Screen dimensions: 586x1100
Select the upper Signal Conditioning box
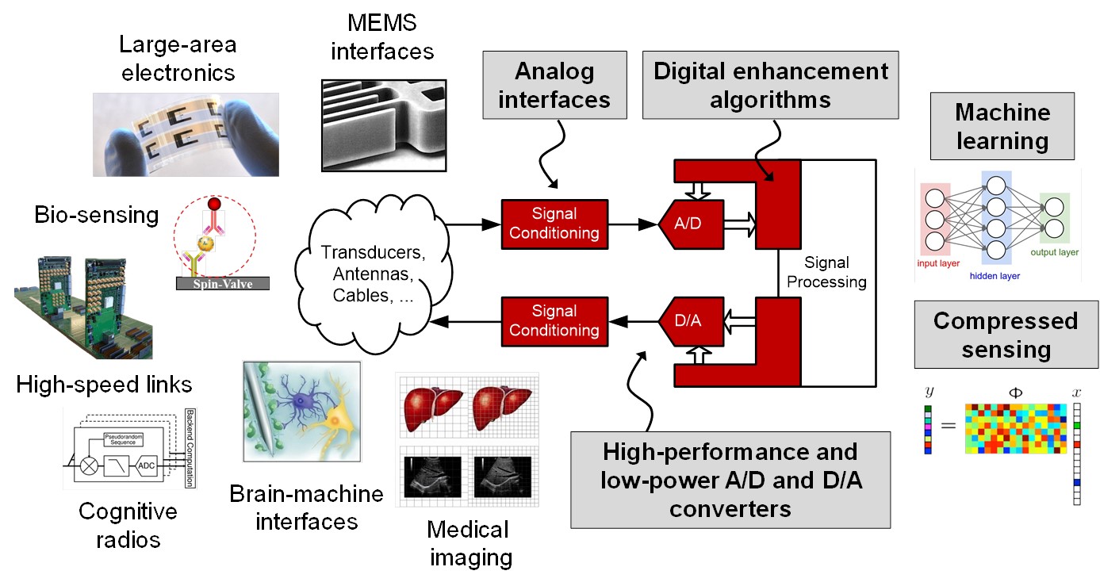pyautogui.click(x=554, y=224)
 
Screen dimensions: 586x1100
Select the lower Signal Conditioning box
pyautogui.click(x=554, y=320)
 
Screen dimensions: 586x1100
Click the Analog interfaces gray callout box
pyautogui.click(x=554, y=86)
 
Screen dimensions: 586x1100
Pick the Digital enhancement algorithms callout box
pyautogui.click(x=770, y=86)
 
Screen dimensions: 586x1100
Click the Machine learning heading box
pyautogui.click(x=1002, y=127)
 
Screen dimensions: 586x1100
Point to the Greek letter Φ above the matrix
pyautogui.click(x=1013, y=392)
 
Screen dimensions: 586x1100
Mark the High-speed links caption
pyautogui.click(x=103, y=385)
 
